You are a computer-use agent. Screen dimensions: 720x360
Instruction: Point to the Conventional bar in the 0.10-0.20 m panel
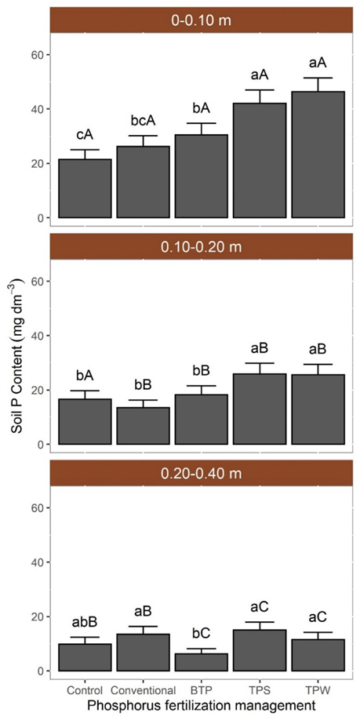143,426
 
